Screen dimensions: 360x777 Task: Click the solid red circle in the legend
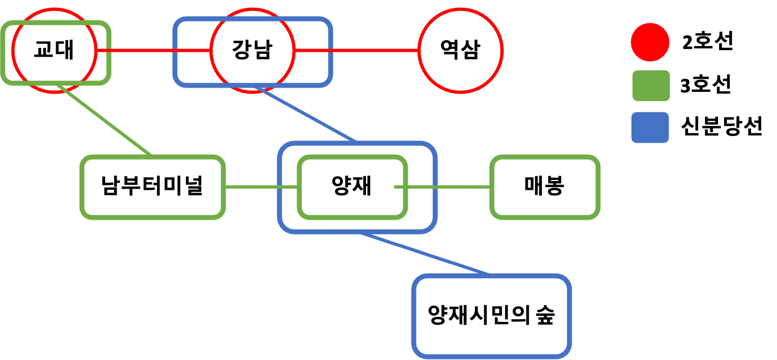coord(650,42)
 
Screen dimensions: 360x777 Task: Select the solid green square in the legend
coord(651,85)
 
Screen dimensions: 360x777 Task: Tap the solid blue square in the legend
coord(650,127)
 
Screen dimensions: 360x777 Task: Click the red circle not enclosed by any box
coord(460,51)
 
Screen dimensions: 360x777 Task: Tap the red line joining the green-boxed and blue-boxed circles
coord(153,51)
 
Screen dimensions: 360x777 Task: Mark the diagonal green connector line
coord(103,120)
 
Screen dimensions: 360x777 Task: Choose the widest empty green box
coord(152,187)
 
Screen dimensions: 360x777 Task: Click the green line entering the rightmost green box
coord(448,187)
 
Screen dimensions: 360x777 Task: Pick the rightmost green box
coord(544,187)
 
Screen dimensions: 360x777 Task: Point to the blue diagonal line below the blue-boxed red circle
coord(305,114)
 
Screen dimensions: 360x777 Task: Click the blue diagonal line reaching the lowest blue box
coord(424,253)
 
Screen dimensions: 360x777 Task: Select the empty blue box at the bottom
coord(491,316)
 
